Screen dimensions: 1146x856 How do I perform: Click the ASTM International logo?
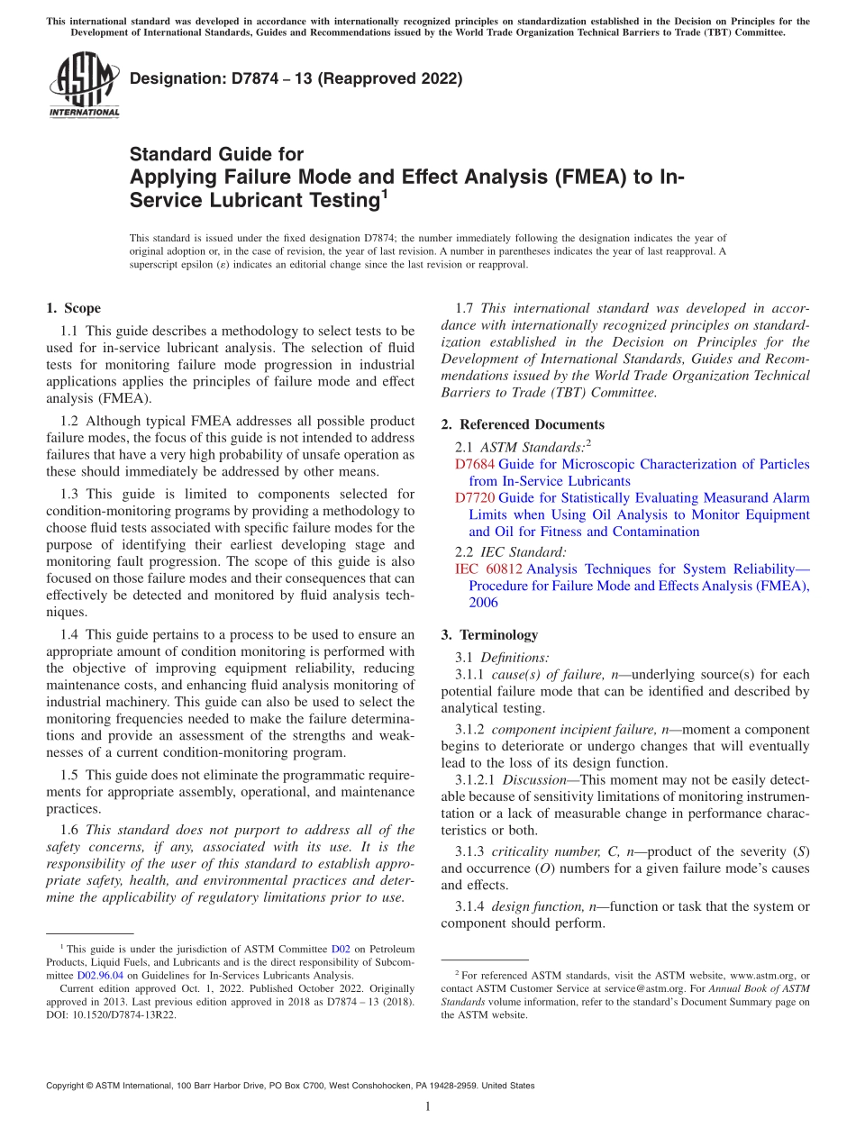click(83, 86)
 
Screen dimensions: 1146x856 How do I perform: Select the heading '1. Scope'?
click(73, 308)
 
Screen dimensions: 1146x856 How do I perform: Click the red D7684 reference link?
click(475, 465)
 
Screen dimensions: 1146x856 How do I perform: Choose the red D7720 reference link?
click(475, 498)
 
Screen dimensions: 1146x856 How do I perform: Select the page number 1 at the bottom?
click(427, 1107)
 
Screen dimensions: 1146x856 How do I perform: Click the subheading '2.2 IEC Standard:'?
click(511, 552)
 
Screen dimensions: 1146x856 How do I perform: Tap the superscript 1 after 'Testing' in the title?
click(384, 192)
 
